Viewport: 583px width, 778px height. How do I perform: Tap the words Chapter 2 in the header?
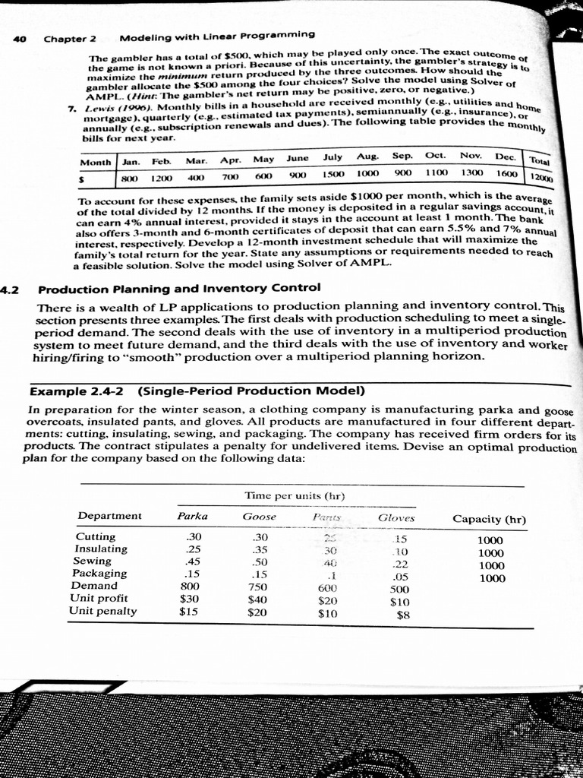70,38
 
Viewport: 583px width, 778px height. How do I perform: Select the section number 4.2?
10,289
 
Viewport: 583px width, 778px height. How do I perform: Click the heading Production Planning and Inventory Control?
179,289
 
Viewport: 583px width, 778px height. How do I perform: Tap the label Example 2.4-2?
78,391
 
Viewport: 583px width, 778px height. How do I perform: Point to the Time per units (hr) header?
295,495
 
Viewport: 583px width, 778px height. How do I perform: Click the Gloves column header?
396,518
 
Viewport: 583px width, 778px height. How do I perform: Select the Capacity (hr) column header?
489,519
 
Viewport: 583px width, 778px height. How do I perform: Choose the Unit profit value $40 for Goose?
258,599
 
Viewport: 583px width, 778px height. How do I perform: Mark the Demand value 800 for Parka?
189,586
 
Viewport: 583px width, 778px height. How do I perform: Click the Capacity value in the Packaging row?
490,578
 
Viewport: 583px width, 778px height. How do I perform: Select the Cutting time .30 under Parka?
195,536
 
